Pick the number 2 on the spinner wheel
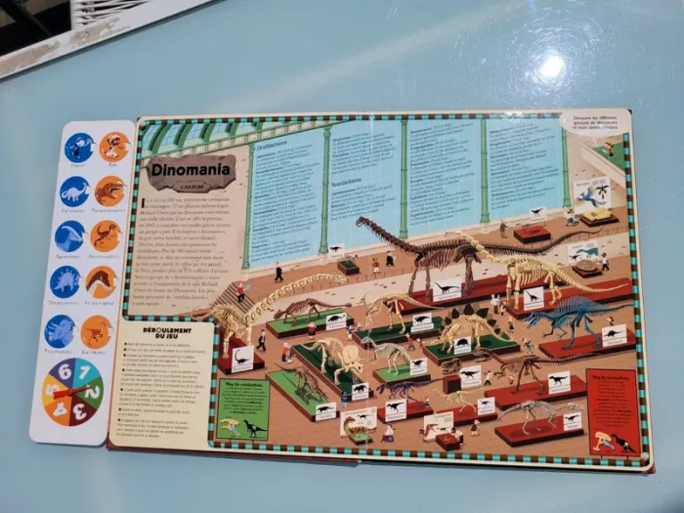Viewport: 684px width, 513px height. tap(95, 392)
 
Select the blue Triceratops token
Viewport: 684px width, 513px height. tap(61, 330)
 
